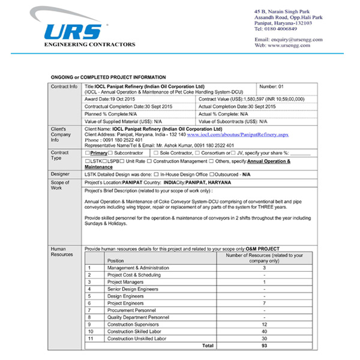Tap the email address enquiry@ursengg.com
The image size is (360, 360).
click(x=298, y=40)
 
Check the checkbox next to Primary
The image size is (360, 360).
click(x=88, y=153)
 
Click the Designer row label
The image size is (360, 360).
click(x=60, y=173)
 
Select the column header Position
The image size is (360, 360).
click(x=116, y=261)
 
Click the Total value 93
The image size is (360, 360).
click(x=264, y=346)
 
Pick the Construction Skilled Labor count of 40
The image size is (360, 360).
click(x=264, y=331)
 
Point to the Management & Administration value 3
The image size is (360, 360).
click(x=264, y=268)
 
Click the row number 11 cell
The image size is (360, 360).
click(x=91, y=338)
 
